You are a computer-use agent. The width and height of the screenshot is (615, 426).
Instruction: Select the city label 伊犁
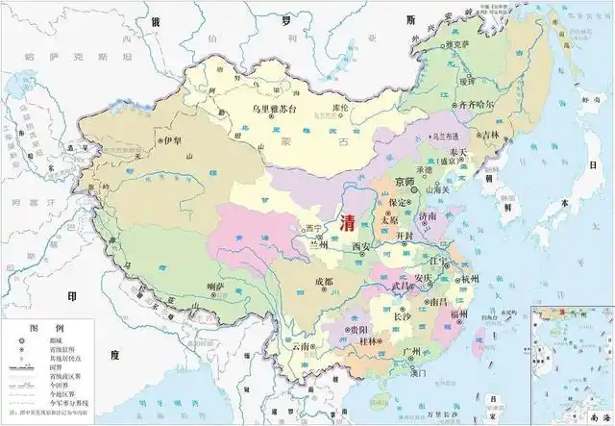173,140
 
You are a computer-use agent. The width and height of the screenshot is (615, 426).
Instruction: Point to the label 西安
360,247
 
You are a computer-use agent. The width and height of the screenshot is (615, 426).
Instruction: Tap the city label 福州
459,314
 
